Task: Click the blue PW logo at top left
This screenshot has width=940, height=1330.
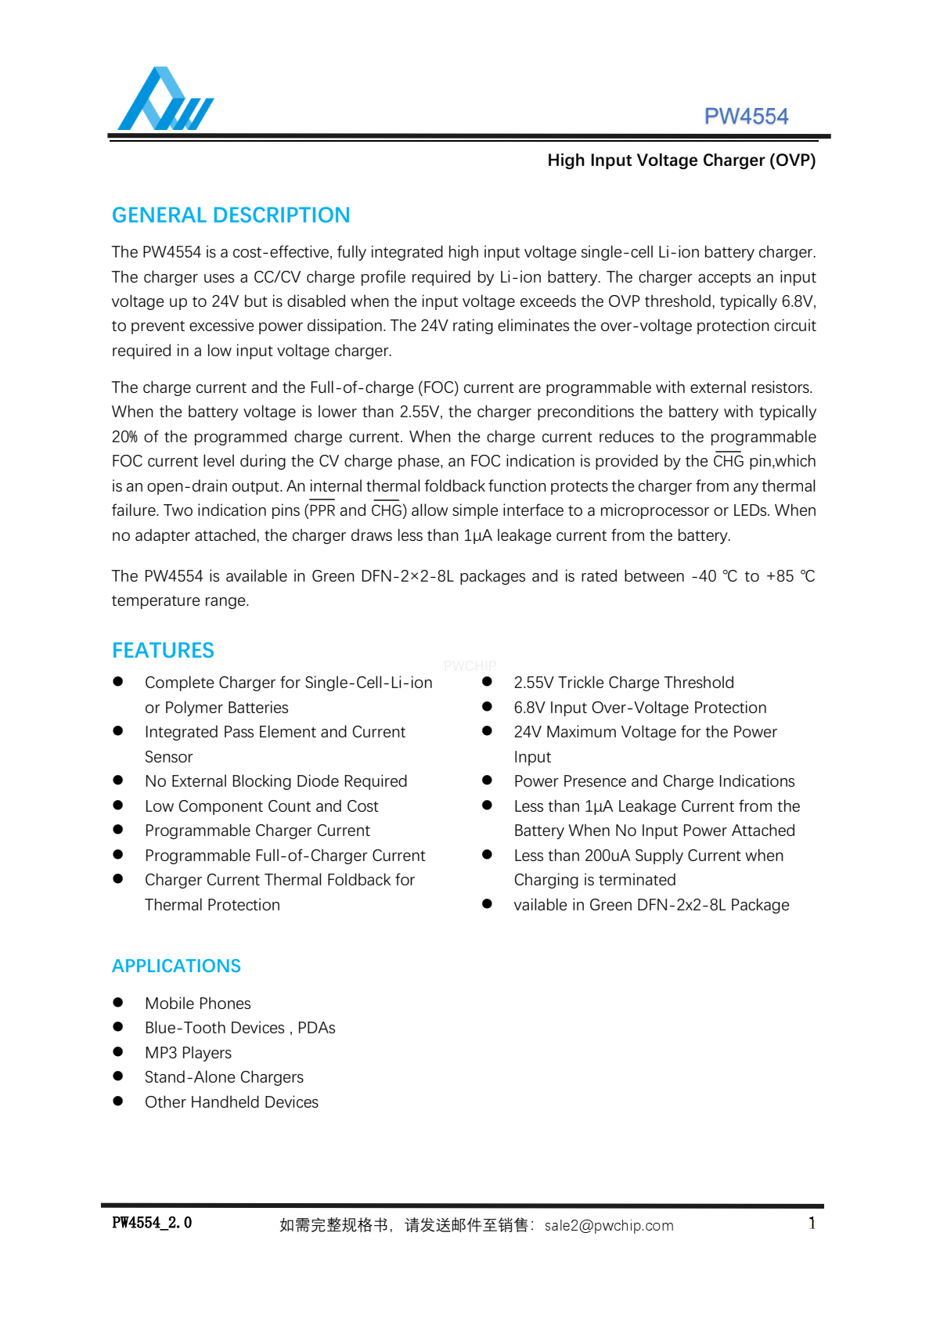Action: point(165,99)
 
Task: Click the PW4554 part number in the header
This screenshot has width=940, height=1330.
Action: point(746,117)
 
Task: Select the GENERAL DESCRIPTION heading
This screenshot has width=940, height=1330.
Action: point(231,215)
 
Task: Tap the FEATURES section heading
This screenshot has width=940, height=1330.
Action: point(163,651)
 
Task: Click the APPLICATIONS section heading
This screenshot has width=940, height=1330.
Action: point(176,966)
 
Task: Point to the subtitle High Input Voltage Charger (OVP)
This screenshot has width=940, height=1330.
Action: point(681,160)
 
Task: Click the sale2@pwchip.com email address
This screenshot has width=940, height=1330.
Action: point(609,1226)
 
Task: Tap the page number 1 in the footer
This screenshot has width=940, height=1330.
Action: point(812,1224)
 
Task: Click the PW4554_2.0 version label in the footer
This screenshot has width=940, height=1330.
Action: point(152,1223)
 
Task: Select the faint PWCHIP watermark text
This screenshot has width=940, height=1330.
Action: point(470,666)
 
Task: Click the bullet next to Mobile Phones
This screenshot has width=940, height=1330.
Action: point(118,1003)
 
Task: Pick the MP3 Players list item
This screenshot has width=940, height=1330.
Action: point(188,1053)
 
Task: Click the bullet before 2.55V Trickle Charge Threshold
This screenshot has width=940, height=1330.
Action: point(487,682)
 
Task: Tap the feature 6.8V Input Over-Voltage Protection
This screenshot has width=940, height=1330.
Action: point(639,708)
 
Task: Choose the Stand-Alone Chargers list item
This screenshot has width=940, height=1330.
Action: point(224,1077)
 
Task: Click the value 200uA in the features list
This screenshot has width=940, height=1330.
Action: point(607,856)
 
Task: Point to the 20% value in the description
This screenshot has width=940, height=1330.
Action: point(124,437)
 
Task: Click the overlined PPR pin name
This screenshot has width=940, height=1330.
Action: point(322,511)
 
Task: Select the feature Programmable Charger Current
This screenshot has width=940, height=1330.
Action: point(257,831)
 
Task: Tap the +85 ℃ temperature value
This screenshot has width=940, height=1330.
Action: point(790,576)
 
